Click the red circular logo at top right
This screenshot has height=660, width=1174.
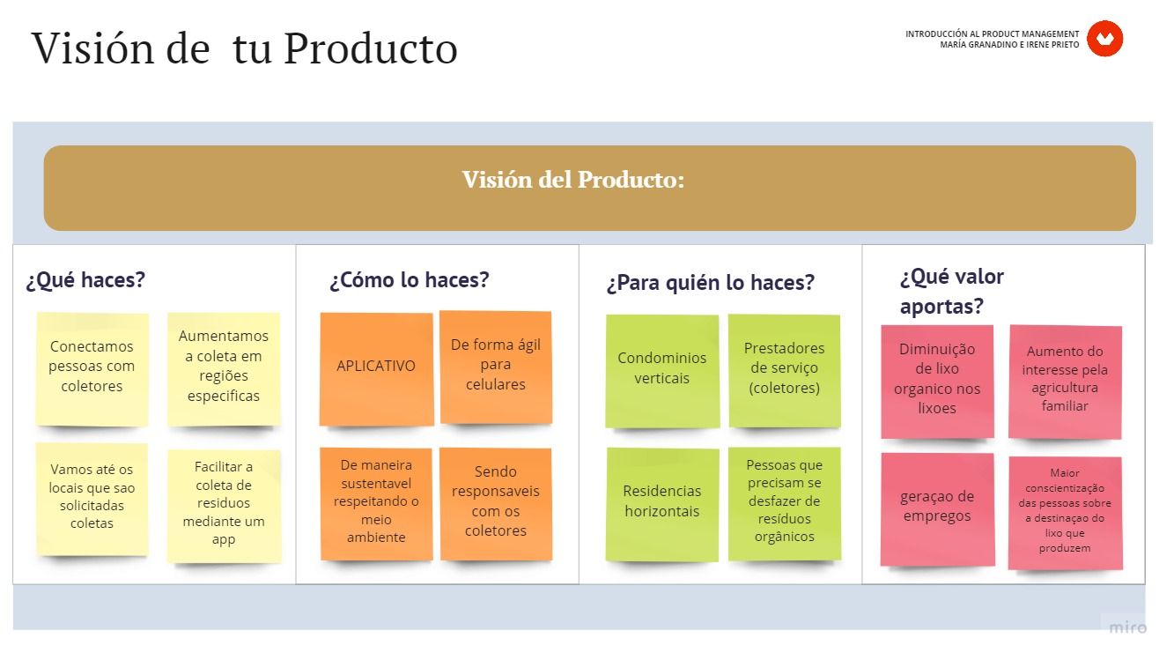click(1104, 38)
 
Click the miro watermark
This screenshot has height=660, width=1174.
click(1128, 627)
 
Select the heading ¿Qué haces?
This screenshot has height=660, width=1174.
click(85, 280)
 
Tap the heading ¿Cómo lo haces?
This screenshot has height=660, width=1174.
click(409, 280)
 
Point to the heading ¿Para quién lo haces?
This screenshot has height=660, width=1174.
click(710, 283)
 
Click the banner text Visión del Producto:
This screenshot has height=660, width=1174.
click(572, 180)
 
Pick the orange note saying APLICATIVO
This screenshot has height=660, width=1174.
click(376, 369)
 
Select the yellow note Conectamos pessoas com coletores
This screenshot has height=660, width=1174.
click(92, 369)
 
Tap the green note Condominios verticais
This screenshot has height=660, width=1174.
click(662, 371)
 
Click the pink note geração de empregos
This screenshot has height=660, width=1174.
click(938, 509)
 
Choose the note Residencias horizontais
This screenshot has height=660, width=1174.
click(662, 504)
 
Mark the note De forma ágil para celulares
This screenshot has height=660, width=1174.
click(496, 367)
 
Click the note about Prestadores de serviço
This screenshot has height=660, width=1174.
click(785, 371)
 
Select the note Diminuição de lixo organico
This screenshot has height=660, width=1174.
click(938, 382)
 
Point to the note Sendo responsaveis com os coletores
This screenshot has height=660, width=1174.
click(496, 504)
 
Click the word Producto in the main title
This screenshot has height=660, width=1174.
click(371, 48)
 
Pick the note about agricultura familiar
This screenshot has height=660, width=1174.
click(1065, 382)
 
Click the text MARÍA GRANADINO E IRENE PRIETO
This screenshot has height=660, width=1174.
click(1009, 45)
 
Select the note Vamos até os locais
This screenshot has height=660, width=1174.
click(92, 499)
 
